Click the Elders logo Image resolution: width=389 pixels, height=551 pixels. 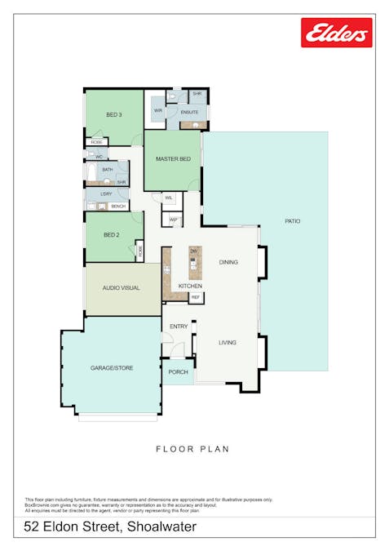tap(336, 33)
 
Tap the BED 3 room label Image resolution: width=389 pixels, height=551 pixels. tap(114, 116)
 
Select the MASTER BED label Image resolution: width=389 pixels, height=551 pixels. tap(173, 158)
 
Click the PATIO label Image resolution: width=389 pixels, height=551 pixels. tap(292, 221)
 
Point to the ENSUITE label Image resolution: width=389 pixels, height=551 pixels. tap(189, 112)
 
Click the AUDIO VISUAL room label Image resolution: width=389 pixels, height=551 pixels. tap(121, 288)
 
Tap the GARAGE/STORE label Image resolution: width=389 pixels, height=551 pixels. tap(111, 368)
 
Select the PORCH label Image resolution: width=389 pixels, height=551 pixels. tap(178, 372)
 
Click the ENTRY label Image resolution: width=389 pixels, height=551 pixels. tap(179, 327)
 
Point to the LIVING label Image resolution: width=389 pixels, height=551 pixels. tap(227, 342)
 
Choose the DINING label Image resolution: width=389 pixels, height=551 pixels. tap(228, 262)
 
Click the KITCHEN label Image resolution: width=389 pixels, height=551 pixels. tap(190, 287)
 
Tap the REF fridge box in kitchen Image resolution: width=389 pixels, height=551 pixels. tap(196, 298)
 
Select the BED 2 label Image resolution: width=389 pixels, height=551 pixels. tap(112, 235)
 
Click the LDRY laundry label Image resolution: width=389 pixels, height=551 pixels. tap(106, 194)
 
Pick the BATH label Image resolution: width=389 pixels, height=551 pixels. tap(107, 170)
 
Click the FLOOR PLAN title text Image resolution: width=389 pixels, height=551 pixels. tap(192, 449)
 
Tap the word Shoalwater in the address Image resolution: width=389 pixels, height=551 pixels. tap(160, 527)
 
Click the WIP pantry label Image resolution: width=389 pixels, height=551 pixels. tap(173, 220)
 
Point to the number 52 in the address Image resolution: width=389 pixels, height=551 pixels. tap(33, 527)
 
